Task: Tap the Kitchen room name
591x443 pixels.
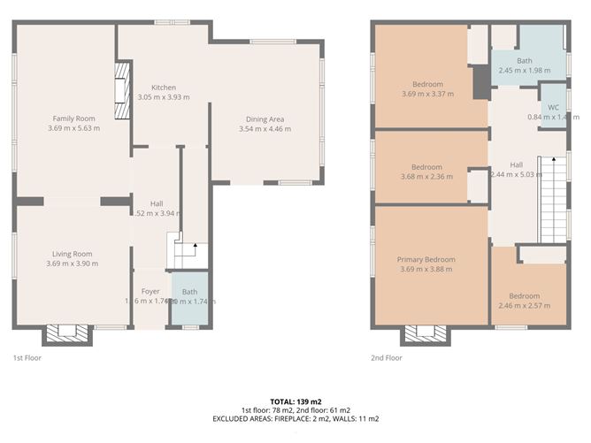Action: [x=164, y=88]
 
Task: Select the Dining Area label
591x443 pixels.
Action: [x=265, y=118]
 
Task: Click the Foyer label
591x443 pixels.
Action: [x=150, y=291]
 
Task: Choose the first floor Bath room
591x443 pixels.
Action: [x=190, y=301]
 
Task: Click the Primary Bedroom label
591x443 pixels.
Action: [x=427, y=259]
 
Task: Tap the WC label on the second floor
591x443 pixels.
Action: [x=554, y=107]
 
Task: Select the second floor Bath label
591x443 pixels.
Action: [x=525, y=61]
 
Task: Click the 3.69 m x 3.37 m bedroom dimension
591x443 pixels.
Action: [x=427, y=94]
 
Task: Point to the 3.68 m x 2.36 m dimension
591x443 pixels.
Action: [x=426, y=176]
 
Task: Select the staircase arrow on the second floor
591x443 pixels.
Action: [x=553, y=160]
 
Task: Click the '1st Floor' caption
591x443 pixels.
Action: [x=27, y=358]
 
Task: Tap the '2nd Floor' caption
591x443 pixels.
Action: [x=387, y=358]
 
